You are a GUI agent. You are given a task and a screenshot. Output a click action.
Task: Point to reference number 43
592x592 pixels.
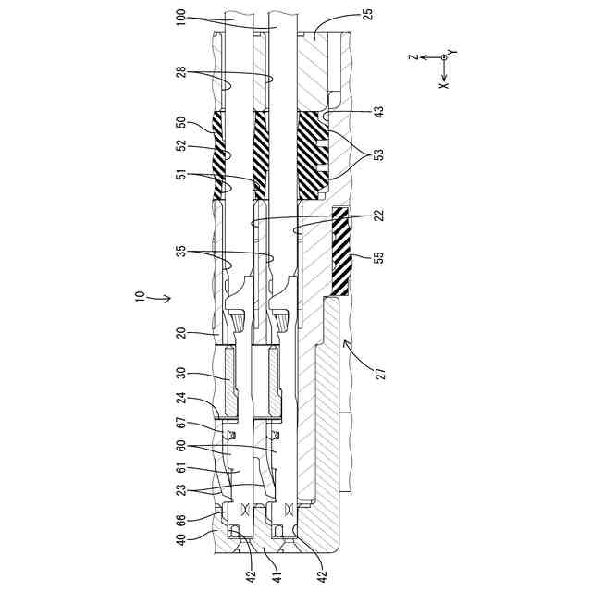[379, 112]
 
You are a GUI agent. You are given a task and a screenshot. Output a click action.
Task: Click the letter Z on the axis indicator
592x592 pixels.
[413, 57]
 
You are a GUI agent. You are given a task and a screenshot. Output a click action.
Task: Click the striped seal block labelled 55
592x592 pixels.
[341, 252]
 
